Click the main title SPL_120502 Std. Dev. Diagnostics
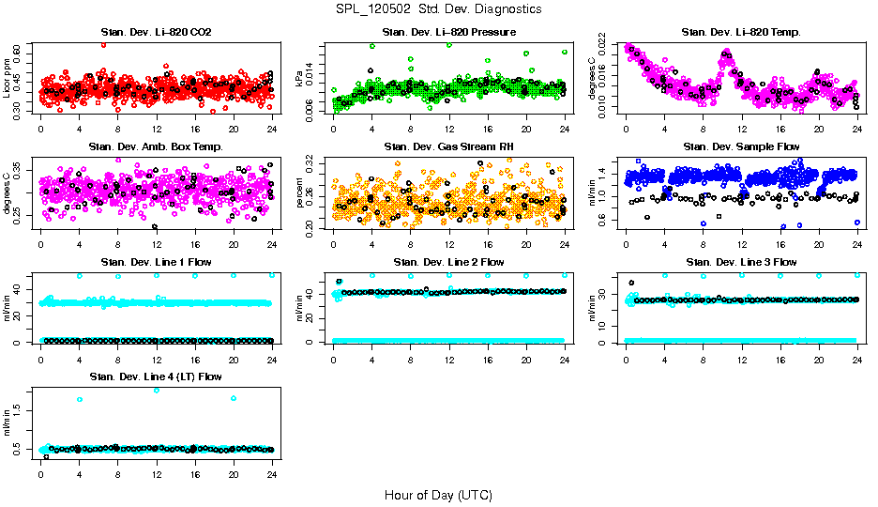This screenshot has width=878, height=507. [x=438, y=9]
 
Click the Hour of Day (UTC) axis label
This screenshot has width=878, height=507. [x=438, y=495]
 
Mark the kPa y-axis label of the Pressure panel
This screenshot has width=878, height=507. [x=300, y=79]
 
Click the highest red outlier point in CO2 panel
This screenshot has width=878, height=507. [x=103, y=44]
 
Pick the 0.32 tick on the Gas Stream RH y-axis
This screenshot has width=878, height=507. [x=315, y=162]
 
